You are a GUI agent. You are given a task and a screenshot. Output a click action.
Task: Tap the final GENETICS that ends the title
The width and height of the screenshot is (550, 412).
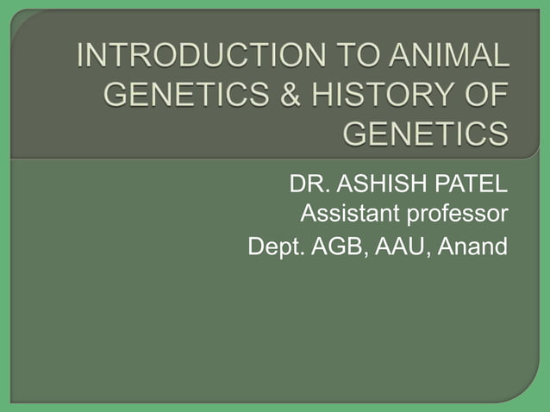426,134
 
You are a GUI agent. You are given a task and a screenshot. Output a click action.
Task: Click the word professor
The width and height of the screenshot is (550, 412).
458,214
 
